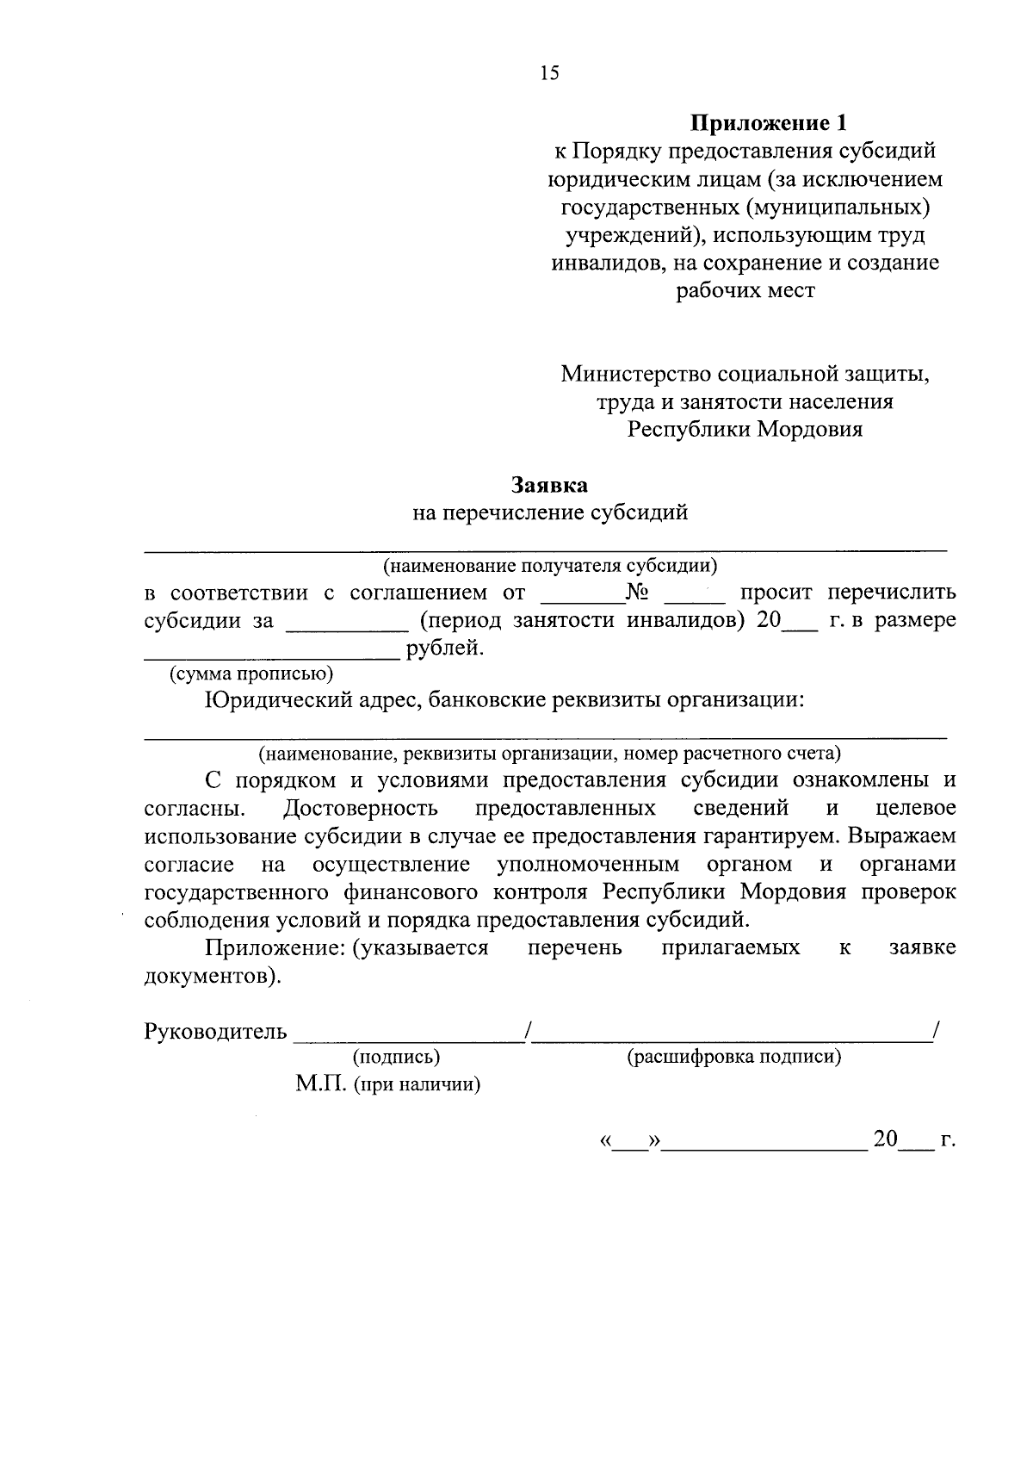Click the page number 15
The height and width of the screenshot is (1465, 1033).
549,72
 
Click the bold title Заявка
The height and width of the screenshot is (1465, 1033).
550,485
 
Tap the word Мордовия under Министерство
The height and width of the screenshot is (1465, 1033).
809,429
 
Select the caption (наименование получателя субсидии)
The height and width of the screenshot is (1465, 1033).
550,566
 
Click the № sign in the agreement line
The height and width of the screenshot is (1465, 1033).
637,593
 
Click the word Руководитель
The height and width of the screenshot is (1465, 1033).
215,1031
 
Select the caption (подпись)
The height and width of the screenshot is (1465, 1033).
396,1057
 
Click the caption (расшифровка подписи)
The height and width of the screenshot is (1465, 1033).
734,1057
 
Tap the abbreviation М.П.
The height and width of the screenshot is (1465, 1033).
319,1083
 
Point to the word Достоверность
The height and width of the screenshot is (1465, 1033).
360,808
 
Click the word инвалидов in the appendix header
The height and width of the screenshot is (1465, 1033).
605,263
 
